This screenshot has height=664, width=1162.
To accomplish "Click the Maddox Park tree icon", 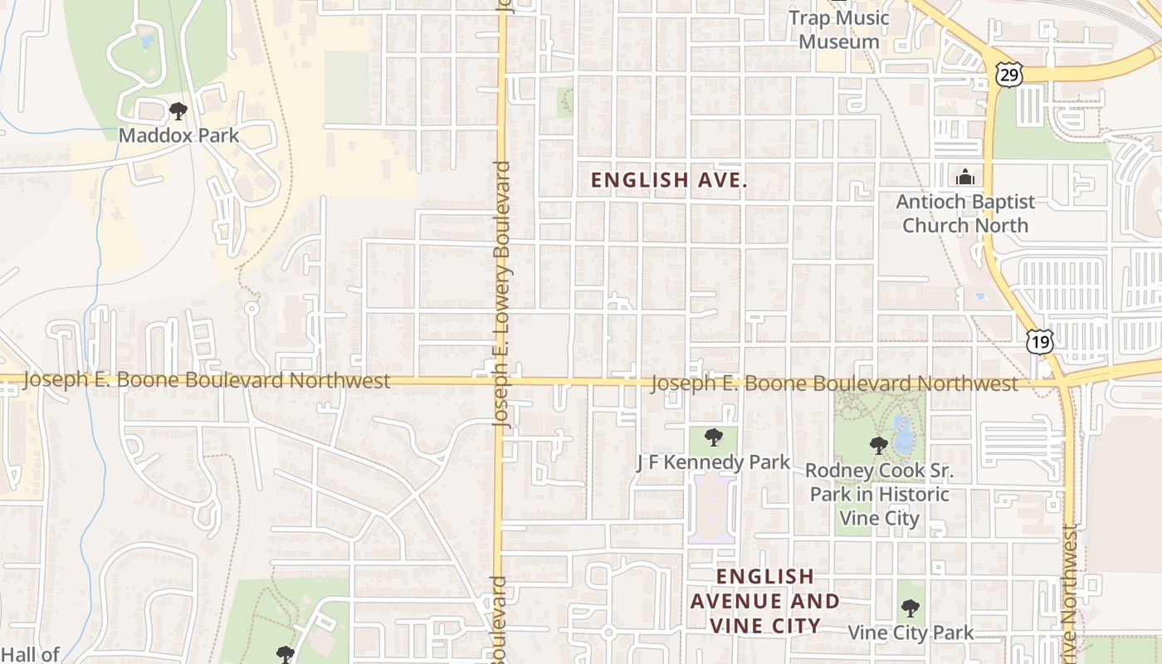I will [x=178, y=110].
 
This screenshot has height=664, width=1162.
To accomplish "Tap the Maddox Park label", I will [x=178, y=135].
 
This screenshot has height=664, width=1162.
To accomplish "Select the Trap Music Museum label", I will [x=839, y=29].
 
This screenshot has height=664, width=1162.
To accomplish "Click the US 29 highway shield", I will [x=1009, y=75].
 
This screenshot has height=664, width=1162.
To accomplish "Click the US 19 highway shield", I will [x=1039, y=340].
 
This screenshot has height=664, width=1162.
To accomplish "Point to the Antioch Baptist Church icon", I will [x=964, y=177].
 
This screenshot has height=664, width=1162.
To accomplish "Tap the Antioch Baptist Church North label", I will [x=965, y=213].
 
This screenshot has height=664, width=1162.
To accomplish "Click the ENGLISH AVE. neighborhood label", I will [x=669, y=179].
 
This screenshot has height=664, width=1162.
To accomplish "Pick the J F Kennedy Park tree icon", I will [x=713, y=437].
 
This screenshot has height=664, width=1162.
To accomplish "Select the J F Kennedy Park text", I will [x=713, y=462].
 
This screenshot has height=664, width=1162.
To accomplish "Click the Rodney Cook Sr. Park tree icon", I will [x=879, y=446].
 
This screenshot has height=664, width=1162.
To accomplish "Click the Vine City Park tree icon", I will [x=911, y=608].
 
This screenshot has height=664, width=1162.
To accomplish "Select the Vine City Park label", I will [x=911, y=632].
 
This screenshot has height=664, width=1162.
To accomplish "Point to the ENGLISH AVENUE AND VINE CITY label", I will [x=764, y=601].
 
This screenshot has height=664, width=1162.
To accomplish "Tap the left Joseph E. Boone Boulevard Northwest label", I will [x=207, y=380].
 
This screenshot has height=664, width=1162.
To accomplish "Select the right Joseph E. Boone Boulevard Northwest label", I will [x=833, y=383].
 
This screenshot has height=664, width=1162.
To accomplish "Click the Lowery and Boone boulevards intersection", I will [x=500, y=381].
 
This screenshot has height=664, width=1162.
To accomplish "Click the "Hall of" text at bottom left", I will [x=30, y=654].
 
